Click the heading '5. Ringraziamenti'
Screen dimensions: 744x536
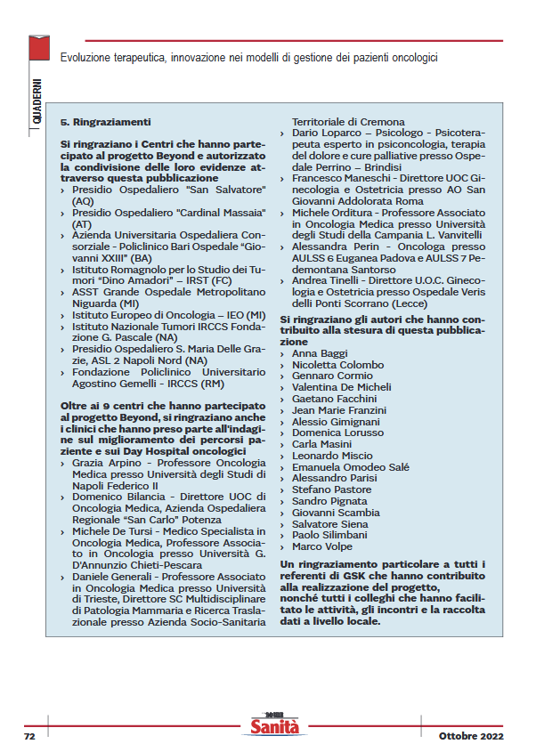105,120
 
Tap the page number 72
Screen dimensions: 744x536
29,736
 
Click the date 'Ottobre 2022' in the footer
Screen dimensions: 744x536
471,736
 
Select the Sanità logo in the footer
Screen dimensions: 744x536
273,727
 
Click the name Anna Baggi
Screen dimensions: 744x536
320,353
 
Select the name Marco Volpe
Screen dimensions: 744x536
321,546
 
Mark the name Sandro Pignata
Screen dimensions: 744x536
329,501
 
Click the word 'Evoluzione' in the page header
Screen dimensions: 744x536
87,58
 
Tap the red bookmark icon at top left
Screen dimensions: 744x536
37,48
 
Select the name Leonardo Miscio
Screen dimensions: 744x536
332,456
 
